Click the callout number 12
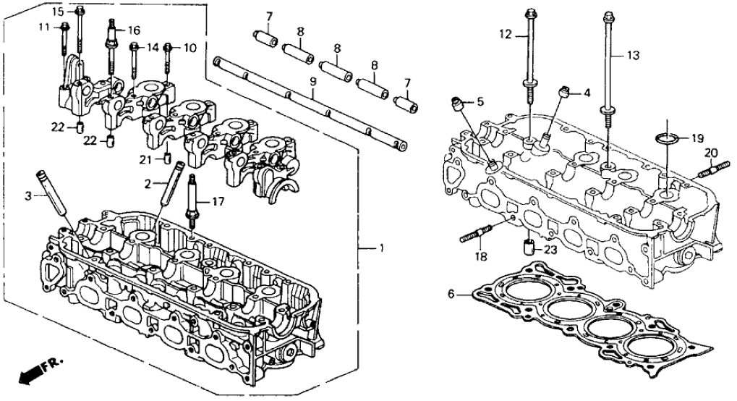click(504, 33)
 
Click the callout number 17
click(216, 203)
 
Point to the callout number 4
click(587, 93)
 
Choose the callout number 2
click(147, 184)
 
